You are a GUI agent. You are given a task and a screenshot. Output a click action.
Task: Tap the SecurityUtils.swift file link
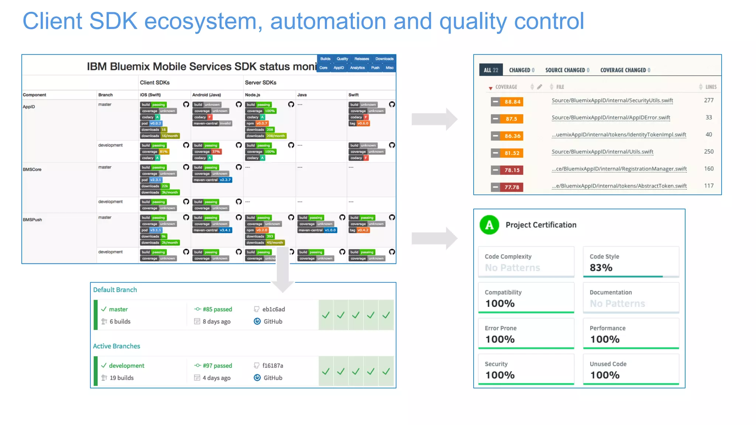coord(612,100)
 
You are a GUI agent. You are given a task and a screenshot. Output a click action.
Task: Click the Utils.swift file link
coord(602,152)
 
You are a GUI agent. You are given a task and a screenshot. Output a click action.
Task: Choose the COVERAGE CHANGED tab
coord(625,70)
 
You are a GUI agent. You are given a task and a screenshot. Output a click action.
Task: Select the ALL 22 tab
coord(491,70)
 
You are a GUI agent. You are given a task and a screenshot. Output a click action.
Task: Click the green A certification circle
coord(489,225)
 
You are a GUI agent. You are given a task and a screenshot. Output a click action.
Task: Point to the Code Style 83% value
coord(601,267)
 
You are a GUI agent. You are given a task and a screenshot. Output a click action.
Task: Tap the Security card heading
coord(496,364)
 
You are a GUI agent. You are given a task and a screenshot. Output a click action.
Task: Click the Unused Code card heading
coord(608,364)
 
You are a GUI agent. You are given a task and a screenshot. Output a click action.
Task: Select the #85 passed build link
coord(217,309)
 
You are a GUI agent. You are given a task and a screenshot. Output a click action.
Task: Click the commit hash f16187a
coord(272,366)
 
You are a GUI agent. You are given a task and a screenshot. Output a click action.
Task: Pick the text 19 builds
coord(121,378)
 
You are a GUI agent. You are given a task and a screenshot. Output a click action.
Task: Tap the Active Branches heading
coord(116,346)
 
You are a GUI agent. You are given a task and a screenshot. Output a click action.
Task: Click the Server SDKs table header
coord(260,83)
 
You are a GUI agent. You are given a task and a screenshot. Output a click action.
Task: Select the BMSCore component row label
coord(32,169)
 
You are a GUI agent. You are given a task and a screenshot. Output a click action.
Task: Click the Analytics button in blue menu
coord(357,68)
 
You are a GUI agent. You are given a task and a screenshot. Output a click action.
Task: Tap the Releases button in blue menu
coord(361,59)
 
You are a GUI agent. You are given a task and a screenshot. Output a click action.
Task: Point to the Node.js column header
coord(252,95)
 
